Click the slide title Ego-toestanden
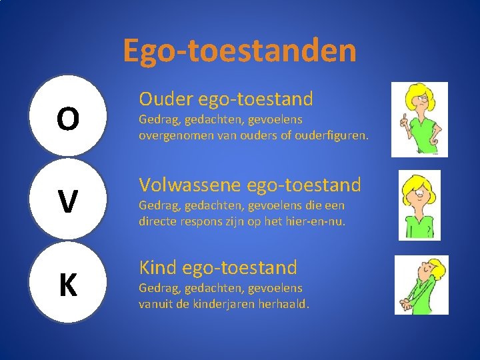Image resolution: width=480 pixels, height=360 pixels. (239, 51)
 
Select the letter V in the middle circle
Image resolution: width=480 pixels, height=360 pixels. (67, 202)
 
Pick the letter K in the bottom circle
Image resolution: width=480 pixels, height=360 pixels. (67, 285)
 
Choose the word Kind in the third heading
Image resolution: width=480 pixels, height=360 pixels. (157, 268)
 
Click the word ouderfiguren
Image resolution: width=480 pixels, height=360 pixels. (335, 135)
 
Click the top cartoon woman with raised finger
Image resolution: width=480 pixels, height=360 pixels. (419, 120)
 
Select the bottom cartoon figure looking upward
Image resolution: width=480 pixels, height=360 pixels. (421, 285)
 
